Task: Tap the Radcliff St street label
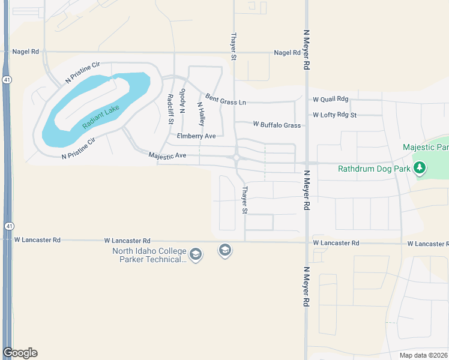[x=170, y=109]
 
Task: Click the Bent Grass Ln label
[x=226, y=99]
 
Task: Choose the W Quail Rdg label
[x=330, y=100]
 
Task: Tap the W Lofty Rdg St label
[x=334, y=115]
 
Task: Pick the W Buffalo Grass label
[x=277, y=125]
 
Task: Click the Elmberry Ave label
[x=196, y=136]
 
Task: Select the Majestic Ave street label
[x=167, y=155]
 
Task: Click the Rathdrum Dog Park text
[x=374, y=169]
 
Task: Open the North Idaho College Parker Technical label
[x=149, y=256]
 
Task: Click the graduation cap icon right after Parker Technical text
[x=195, y=256]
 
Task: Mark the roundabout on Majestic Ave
[x=237, y=158]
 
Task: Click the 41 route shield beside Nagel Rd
[x=7, y=79]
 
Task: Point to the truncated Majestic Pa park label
[x=426, y=147]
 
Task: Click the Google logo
[x=20, y=352]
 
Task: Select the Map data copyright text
[x=424, y=355]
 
